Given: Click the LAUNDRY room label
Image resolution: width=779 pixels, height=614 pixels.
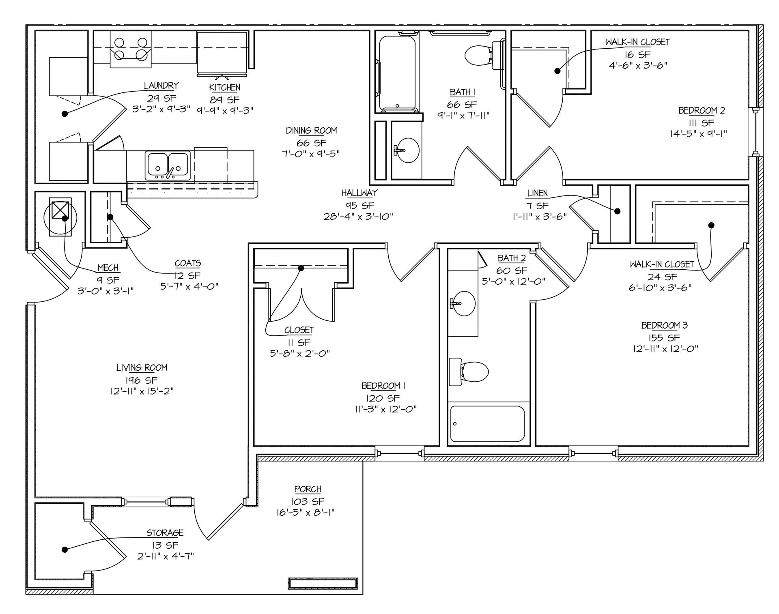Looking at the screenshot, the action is [161, 86].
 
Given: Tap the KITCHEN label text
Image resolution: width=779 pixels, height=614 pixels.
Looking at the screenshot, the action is [225, 88].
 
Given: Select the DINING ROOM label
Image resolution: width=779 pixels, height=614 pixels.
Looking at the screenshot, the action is [311, 131].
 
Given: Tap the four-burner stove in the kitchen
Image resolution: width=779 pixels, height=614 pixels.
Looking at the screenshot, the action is [131, 49].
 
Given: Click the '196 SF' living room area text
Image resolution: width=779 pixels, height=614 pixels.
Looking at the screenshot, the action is [142, 380].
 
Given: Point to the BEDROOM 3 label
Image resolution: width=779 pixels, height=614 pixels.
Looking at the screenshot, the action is [664, 325].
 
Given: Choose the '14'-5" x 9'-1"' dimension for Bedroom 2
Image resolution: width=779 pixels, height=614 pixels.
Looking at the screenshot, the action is [698, 134].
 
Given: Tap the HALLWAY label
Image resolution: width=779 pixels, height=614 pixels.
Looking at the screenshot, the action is [359, 193].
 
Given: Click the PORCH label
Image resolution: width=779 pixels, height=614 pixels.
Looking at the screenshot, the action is [308, 489].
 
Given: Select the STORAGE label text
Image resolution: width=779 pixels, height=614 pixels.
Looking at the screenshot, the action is [165, 533].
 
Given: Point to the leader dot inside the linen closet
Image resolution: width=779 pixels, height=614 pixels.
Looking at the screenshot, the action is [618, 211].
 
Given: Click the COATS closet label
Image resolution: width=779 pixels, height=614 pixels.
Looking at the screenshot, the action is [188, 264].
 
